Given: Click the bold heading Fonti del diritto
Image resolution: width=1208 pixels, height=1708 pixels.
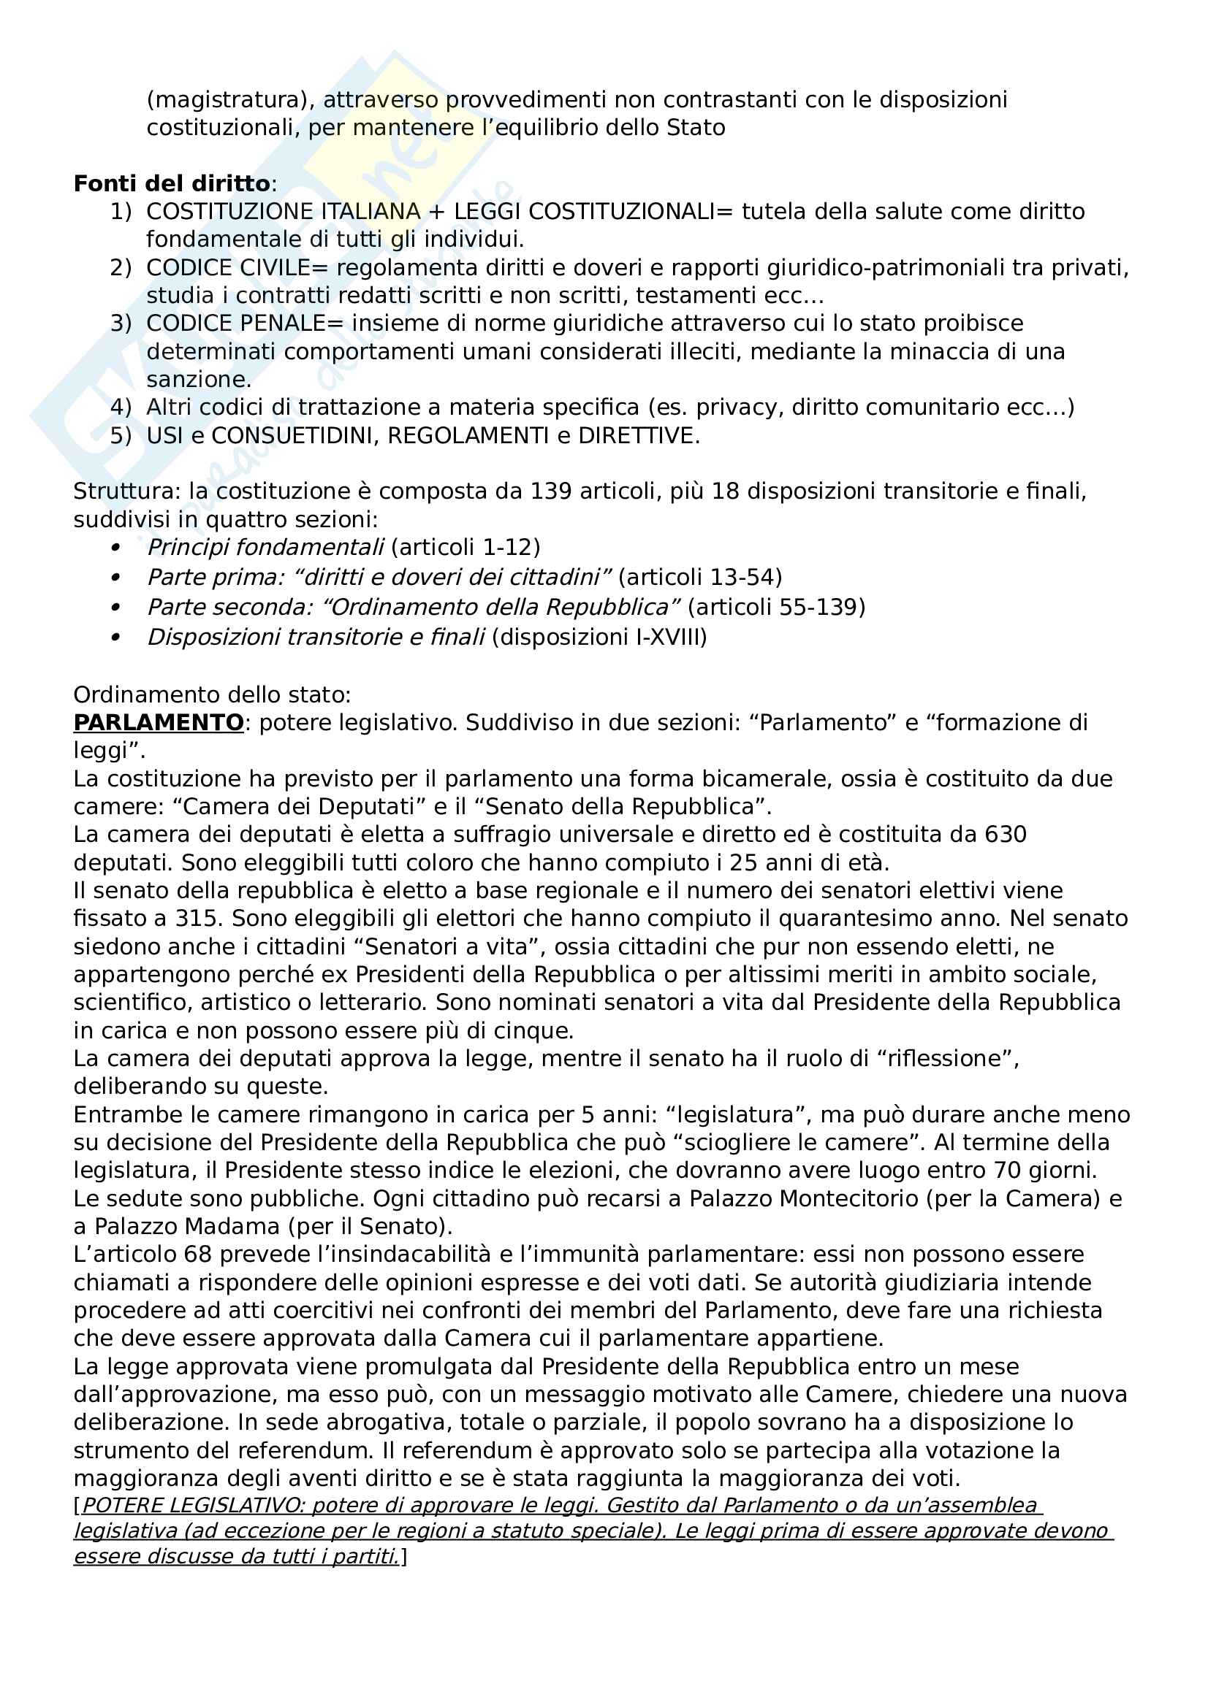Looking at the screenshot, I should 171,184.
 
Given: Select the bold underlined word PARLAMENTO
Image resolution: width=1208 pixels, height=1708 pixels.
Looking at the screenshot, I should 159,722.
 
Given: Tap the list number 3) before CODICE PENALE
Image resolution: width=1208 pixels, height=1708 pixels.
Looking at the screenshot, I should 121,323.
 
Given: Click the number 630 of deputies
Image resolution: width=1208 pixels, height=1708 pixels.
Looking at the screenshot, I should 1005,835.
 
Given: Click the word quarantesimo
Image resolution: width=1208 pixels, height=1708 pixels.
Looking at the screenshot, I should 863,919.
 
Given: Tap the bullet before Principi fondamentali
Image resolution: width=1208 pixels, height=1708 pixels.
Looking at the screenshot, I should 115,548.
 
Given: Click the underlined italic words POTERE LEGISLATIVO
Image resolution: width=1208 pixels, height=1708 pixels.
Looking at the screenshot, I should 192,1506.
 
